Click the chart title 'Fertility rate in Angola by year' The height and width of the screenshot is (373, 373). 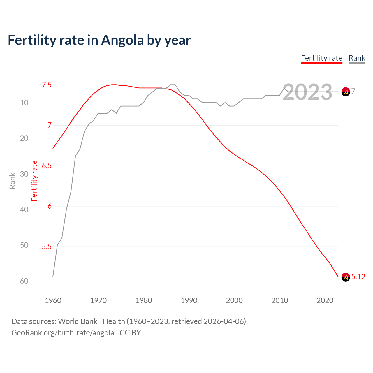pos(99,40)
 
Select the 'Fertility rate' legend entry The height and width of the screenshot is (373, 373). pos(321,58)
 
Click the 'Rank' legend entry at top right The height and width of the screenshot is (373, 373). pos(357,58)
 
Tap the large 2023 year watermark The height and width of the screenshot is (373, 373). pos(307,92)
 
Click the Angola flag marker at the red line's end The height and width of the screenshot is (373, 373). pos(346,277)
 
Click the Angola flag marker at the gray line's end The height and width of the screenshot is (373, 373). pos(346,92)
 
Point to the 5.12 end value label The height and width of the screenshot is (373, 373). pos(358,277)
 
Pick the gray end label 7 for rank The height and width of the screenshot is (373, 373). pos(353,92)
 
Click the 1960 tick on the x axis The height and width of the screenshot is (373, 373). pos(53,300)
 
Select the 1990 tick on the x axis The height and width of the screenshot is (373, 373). pos(189,300)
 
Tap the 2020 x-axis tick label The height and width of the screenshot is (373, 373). pos(325,300)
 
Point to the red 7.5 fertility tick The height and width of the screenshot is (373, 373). pos(47,85)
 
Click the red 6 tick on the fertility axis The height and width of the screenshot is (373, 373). pos(50,206)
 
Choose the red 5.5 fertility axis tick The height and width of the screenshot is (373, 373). pos(47,247)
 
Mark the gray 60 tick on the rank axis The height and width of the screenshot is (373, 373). pos(24,281)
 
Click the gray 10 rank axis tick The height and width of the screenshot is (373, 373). pos(24,103)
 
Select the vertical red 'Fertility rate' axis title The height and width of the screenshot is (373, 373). pos(34,181)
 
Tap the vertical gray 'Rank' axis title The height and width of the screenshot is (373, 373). pos(12,181)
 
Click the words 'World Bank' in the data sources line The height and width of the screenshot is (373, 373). pos(78,321)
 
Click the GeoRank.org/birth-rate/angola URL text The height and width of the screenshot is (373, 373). pos(63,333)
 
